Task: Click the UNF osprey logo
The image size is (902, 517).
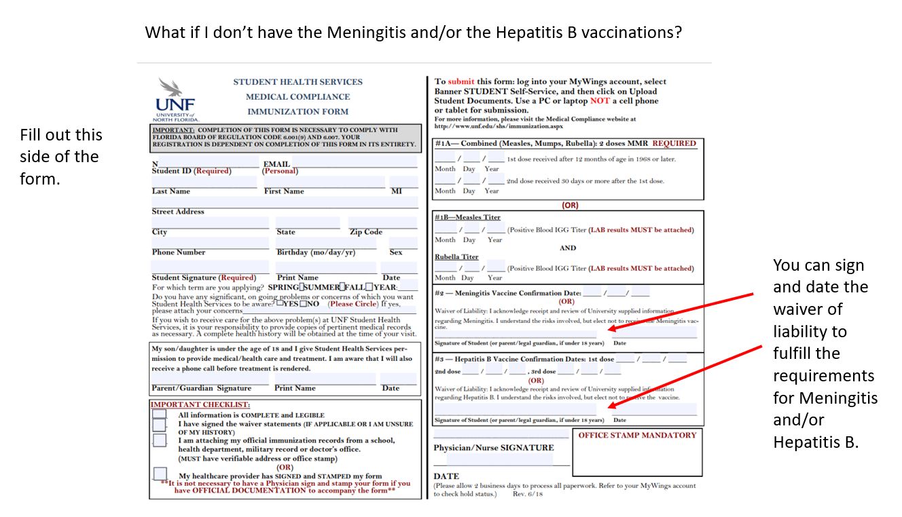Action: pyautogui.click(x=175, y=99)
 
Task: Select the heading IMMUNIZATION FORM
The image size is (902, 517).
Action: pyautogui.click(x=297, y=112)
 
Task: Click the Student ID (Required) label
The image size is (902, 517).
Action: pyautogui.click(x=191, y=171)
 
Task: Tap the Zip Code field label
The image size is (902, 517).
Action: pyautogui.click(x=365, y=232)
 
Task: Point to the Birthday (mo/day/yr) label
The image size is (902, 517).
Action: pyautogui.click(x=316, y=252)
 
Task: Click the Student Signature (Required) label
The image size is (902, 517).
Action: pyautogui.click(x=204, y=277)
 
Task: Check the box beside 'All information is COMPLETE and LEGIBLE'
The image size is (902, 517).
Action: pyautogui.click(x=159, y=414)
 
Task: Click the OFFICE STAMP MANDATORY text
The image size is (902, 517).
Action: pyautogui.click(x=637, y=436)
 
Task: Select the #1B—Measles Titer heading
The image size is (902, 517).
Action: pyautogui.click(x=467, y=217)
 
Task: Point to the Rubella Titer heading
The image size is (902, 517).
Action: pyautogui.click(x=456, y=257)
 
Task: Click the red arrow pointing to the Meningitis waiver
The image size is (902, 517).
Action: pyautogui.click(x=681, y=311)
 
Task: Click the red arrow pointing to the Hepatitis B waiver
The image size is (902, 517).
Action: pyautogui.click(x=686, y=376)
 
